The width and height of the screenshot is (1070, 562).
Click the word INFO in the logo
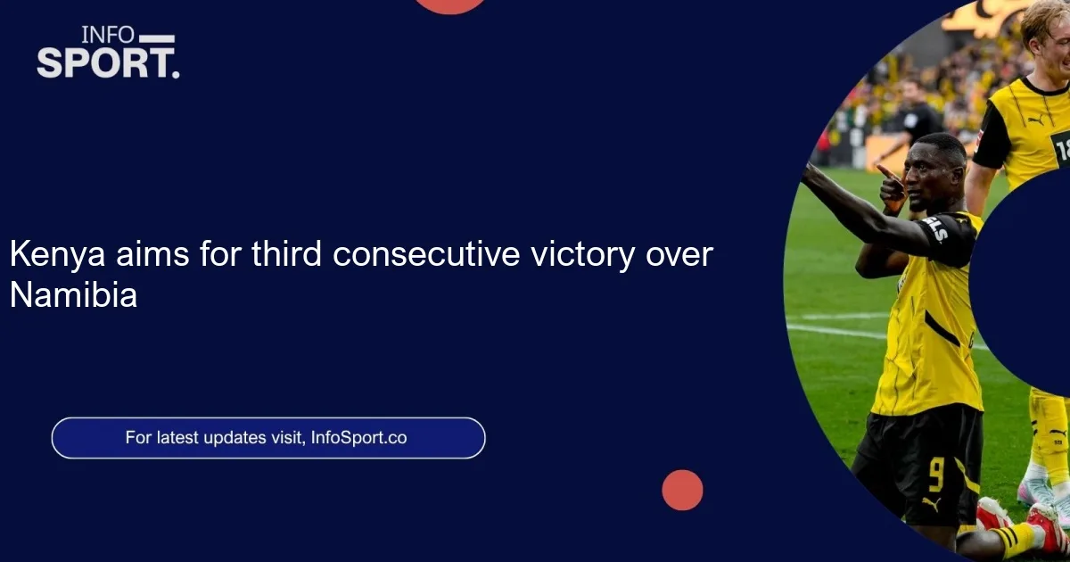pos(101,35)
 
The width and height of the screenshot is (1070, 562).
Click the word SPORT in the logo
pos(101,62)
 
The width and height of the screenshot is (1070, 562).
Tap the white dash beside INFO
pos(157,38)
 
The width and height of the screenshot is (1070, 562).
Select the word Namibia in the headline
pos(73,294)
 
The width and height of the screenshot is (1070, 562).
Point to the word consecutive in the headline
pos(426,253)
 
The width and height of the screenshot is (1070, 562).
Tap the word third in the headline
pos(286,253)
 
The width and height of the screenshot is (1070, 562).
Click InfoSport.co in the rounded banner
pos(358,438)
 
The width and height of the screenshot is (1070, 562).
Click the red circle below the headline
pos(682,490)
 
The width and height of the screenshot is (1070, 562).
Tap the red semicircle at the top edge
pos(449,5)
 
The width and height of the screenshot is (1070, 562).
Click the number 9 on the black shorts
pos(936,474)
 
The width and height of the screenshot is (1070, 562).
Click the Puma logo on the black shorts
pos(931,504)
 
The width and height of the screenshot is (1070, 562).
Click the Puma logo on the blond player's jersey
pos(1036,120)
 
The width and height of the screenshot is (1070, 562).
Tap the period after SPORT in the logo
pos(176,74)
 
